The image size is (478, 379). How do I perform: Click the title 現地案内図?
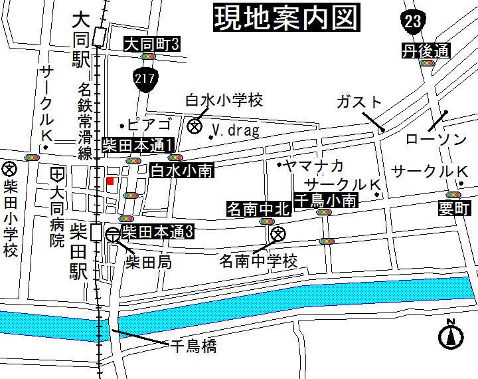285,18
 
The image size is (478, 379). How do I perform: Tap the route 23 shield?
413,21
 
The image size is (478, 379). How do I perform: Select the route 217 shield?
145,78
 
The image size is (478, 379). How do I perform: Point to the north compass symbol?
449,335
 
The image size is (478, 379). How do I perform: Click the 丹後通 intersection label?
426,51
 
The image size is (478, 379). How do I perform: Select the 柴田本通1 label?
138,146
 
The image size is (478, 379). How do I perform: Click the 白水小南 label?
181,170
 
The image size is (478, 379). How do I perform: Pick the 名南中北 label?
259,209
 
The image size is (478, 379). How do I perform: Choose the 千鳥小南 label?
326,199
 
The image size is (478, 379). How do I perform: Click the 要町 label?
454,209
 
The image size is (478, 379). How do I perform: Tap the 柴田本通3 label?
158,232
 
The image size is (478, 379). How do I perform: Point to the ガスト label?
359,102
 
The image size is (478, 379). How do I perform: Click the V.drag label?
236,130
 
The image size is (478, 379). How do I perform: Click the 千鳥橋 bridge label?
193,346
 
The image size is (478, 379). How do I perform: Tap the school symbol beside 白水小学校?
195,126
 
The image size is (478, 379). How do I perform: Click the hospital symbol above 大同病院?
58,175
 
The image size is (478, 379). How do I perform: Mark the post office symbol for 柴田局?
113,233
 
